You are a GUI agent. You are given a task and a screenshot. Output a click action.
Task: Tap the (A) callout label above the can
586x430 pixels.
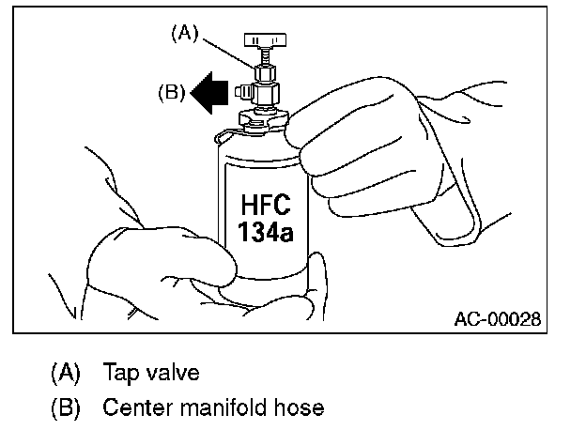pyautogui.click(x=182, y=33)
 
